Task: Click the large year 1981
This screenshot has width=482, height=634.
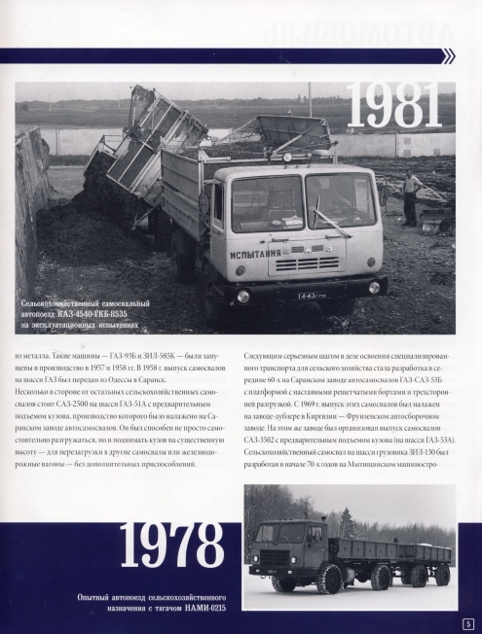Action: tap(394, 107)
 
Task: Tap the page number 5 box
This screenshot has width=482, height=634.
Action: tap(468, 622)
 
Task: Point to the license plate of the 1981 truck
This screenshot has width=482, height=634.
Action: tap(312, 295)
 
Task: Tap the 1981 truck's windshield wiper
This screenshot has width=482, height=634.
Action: tap(326, 218)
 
